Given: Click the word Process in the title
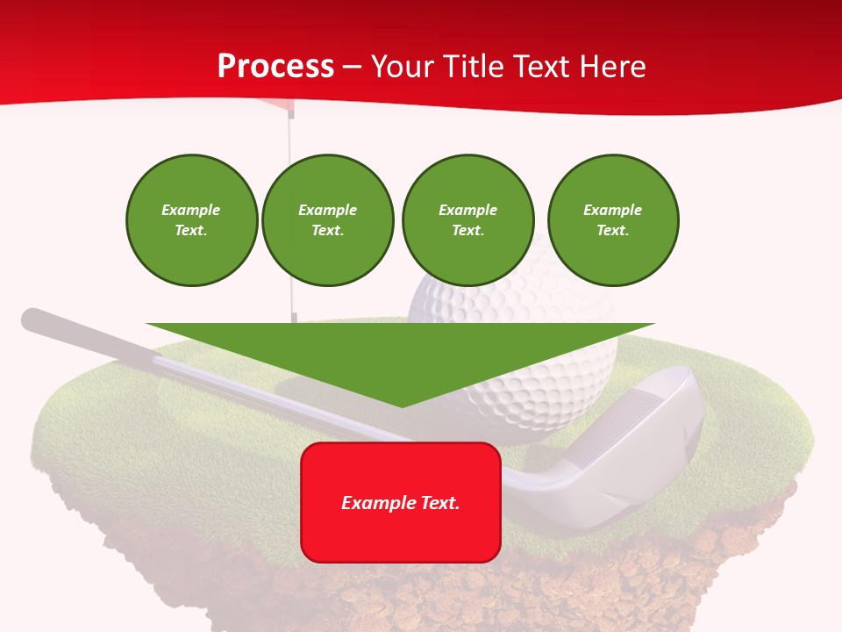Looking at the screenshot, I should [275, 67].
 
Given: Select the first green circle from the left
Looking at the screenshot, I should [191, 220].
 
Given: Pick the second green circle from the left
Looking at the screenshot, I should [327, 220].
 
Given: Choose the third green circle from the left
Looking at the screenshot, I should [467, 220].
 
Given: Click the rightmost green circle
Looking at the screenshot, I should [612, 220].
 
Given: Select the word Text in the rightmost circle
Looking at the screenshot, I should [612, 230].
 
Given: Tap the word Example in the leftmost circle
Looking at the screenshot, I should [191, 210].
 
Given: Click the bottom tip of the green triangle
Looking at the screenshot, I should [402, 406].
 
